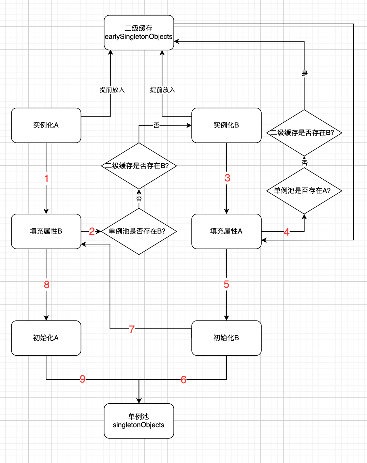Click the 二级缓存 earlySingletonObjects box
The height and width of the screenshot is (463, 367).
[x=139, y=32]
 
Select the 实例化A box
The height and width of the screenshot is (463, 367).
[x=46, y=125]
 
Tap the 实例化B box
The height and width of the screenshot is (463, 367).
[x=226, y=125]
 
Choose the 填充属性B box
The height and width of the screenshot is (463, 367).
[x=46, y=231]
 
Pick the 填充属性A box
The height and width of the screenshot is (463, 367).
[x=226, y=231]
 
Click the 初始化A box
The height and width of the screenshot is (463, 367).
[x=46, y=338]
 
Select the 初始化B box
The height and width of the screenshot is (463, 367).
[x=226, y=338]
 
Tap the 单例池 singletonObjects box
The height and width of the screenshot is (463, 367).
[x=139, y=421]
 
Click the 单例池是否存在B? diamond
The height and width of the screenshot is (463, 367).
[x=139, y=231]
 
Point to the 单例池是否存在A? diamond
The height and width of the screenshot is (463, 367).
[x=304, y=191]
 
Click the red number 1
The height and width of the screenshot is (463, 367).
[x=46, y=178]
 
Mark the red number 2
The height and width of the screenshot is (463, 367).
[x=92, y=231]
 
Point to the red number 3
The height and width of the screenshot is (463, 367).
[x=227, y=178]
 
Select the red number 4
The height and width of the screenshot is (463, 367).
[x=287, y=232]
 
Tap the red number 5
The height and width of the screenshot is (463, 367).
[x=226, y=284]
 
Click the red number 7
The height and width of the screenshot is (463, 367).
[x=132, y=329]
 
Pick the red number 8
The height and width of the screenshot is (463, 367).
[x=47, y=284]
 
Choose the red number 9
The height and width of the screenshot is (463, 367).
[x=83, y=379]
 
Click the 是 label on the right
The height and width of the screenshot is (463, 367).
[x=305, y=73]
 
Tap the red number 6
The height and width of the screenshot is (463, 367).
[x=183, y=379]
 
